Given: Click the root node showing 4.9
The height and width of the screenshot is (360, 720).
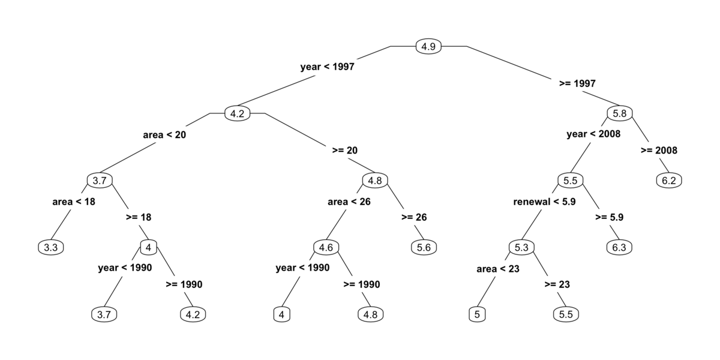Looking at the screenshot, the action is coord(428,46).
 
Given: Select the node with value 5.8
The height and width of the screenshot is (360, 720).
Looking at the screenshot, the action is coord(619,113).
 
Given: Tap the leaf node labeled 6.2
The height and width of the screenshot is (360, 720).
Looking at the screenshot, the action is coord(669,181).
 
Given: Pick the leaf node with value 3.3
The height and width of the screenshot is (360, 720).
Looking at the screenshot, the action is coord(51,247).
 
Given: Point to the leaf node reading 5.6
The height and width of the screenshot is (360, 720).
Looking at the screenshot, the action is coord(424,247).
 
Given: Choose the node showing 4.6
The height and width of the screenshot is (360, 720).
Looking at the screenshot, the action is coord(326,247).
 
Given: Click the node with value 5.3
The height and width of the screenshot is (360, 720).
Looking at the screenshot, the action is coord(521,247).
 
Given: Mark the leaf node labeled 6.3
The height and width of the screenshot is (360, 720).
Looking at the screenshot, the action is coord(619,247).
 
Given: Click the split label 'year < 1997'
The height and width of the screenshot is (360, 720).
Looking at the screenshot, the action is coord(327,67).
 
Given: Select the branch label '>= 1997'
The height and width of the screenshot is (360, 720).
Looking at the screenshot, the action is coord(577,83).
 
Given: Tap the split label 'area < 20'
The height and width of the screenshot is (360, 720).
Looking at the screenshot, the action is coord(164,134).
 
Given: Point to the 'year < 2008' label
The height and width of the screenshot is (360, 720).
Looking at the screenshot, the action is coord(593,134).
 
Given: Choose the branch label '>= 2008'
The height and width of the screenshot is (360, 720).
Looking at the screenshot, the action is coord(659,151).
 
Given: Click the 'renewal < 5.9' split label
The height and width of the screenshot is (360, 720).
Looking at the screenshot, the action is coord(545,202).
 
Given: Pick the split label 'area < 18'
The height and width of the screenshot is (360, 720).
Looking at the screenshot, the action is coord(74,202).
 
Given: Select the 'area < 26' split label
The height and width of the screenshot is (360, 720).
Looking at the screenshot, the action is coord(349,202).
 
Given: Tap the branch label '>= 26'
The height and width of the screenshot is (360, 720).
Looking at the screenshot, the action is coord(414,217).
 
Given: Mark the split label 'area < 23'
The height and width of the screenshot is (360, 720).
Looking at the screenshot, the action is coord(498,269).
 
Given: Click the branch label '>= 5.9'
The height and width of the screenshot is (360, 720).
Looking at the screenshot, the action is coord(609,217).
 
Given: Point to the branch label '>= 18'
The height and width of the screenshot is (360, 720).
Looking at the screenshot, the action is coord(139,217).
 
